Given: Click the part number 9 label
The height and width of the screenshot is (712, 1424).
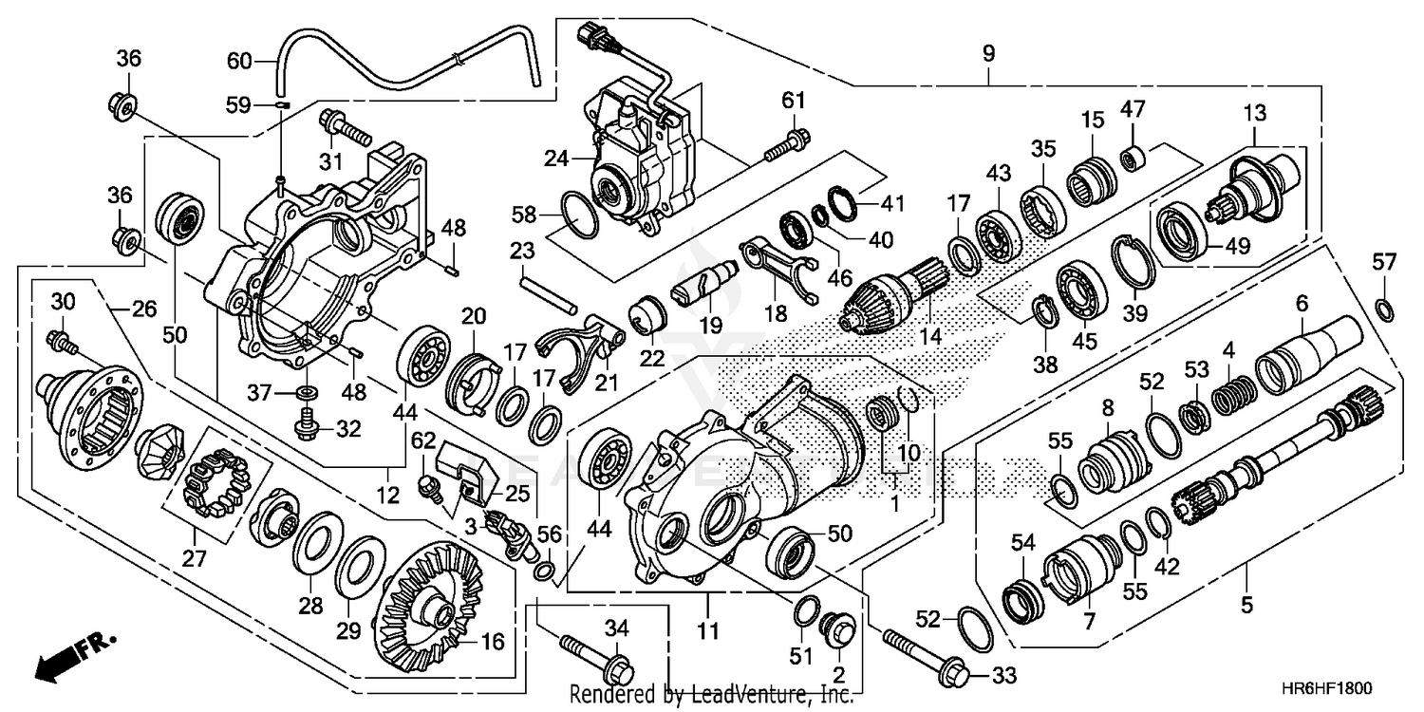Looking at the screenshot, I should point(988,54).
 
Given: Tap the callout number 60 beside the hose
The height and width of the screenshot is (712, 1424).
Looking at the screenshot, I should point(239,63).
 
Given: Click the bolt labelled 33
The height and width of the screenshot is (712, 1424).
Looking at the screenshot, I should point(926,655).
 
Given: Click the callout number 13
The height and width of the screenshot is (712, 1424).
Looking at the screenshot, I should point(1254,113).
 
